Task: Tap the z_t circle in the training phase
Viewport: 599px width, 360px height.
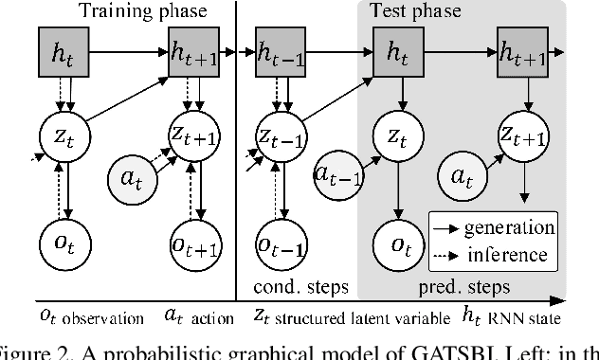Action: tap(64, 137)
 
